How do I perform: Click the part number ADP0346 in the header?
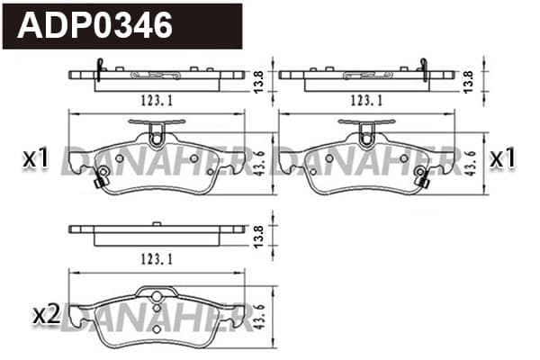[x=94, y=25]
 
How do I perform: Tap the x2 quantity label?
[x=47, y=316]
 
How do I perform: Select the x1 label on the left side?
[x=36, y=158]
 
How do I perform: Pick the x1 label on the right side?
[x=503, y=157]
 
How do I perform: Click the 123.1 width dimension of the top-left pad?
[x=157, y=100]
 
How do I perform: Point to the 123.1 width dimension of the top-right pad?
[x=367, y=100]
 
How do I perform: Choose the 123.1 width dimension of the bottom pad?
[x=157, y=259]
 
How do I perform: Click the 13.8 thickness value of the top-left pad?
[x=258, y=82]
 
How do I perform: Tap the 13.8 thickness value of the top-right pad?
[x=468, y=82]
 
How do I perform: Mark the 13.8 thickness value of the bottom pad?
[x=258, y=236]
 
